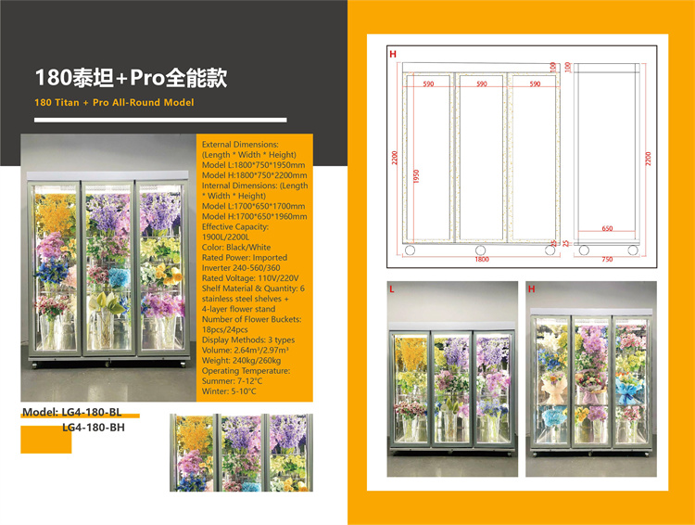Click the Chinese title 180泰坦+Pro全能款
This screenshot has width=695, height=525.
[131, 78]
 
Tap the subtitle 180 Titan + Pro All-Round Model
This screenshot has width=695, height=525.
[114, 103]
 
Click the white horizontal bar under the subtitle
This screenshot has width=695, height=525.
[160, 120]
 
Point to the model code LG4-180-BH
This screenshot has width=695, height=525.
[94, 428]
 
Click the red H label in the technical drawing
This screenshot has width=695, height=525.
[393, 54]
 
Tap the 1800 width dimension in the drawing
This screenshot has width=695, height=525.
[482, 259]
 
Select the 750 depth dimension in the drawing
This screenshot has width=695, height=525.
[607, 259]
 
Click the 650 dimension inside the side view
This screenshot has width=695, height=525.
[607, 228]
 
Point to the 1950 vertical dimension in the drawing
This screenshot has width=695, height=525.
[416, 176]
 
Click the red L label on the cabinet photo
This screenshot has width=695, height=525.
[392, 289]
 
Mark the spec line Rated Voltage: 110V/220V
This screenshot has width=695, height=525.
[250, 278]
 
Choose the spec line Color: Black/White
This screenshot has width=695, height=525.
[236, 247]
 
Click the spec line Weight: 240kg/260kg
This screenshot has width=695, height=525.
[242, 360]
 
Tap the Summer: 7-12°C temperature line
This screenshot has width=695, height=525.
[233, 381]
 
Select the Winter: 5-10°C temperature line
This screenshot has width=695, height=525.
[229, 391]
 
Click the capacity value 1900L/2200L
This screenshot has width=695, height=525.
[225, 237]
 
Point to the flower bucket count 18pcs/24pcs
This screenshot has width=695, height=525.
[225, 329]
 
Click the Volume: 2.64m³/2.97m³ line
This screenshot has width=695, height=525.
[246, 350]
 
